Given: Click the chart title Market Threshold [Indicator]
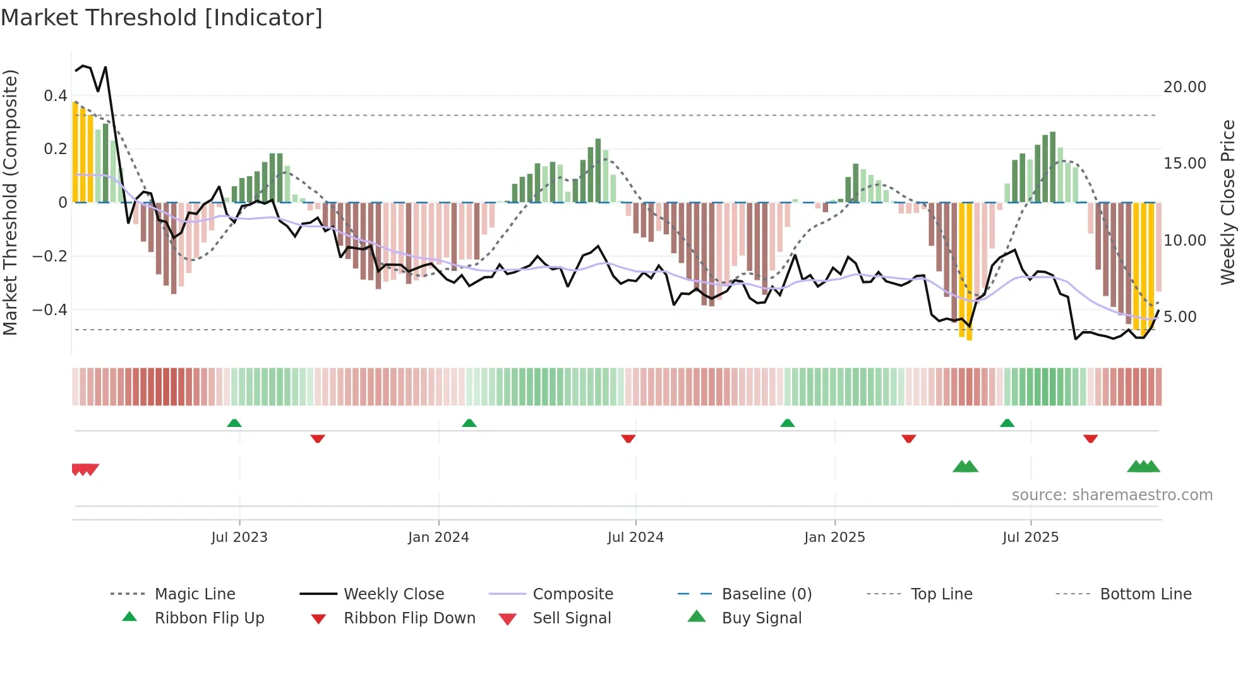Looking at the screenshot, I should pos(162,18).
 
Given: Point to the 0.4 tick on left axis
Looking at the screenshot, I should pos(55,96).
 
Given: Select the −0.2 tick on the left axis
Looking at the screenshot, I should pos(50,256).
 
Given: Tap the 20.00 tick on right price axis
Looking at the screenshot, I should pos(1184,87).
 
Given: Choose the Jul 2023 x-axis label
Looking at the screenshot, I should pos(239,537).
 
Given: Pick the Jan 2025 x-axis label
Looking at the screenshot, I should pos(834,537).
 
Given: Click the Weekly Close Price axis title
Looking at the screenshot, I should pos(1227,202).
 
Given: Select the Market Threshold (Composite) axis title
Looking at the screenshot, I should pos(10,202).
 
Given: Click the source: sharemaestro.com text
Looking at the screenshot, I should pos(1112,495).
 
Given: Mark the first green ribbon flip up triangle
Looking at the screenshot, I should pos(234,423).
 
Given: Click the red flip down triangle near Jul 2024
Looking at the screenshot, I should pos(628,438).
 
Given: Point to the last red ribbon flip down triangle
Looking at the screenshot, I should pos(1090,438).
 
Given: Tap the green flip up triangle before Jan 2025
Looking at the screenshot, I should pos(787,423).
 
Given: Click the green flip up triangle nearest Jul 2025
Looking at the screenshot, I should pos(1007,423).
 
